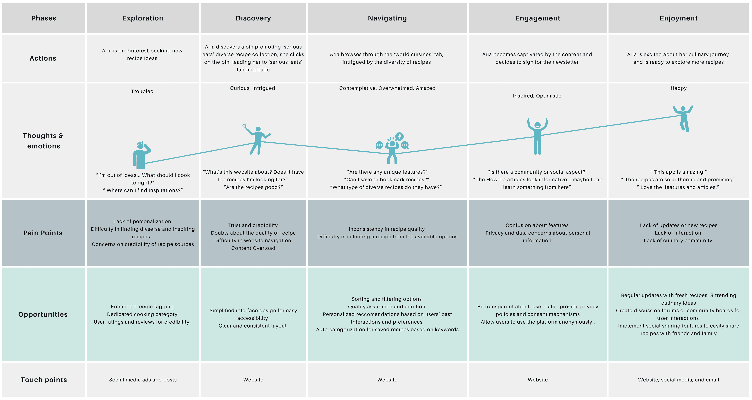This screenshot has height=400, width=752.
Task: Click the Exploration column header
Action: coord(143,18)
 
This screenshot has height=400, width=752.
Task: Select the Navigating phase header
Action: coord(387,18)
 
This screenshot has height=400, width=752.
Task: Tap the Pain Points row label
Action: coord(43,233)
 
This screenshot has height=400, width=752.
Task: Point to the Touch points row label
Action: coord(44,380)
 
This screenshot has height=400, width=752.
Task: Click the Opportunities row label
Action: coord(43,314)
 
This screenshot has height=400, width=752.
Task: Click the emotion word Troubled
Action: coord(142,91)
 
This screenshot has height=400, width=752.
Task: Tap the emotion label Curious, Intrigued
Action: coord(252,88)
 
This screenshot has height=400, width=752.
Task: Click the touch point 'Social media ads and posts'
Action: coord(143,380)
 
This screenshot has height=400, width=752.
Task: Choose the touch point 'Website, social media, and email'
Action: coord(678,380)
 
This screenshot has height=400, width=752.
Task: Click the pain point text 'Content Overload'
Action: coord(253,248)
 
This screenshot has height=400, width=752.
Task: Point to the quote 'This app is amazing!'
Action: coord(678,172)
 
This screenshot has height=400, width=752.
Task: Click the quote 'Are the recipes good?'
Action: coord(253,187)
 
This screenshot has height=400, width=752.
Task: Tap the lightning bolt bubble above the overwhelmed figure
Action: coord(399,136)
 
